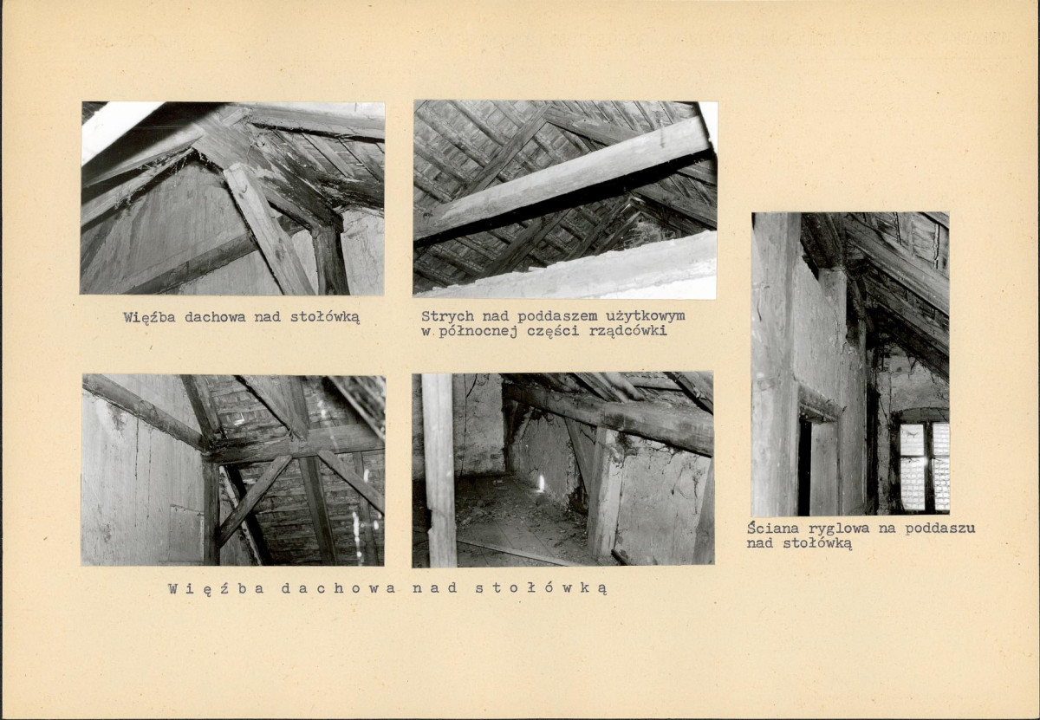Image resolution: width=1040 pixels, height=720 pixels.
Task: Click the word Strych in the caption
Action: click(x=447, y=316)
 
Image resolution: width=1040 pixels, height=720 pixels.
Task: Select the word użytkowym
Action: click(x=645, y=316)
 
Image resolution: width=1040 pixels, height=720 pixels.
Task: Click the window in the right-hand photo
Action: click(x=924, y=465)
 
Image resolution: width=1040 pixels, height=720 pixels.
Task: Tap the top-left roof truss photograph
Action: click(x=232, y=198)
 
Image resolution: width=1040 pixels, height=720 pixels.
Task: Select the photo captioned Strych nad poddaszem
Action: click(x=565, y=199)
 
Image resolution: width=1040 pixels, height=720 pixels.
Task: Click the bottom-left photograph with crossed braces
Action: click(x=233, y=470)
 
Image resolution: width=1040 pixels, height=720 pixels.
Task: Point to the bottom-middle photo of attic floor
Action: click(x=562, y=470)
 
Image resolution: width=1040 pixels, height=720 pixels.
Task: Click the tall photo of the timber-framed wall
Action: click(x=850, y=364)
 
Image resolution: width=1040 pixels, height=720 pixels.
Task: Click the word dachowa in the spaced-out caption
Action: click(x=339, y=588)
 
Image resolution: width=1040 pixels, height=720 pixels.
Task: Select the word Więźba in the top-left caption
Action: click(x=149, y=317)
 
